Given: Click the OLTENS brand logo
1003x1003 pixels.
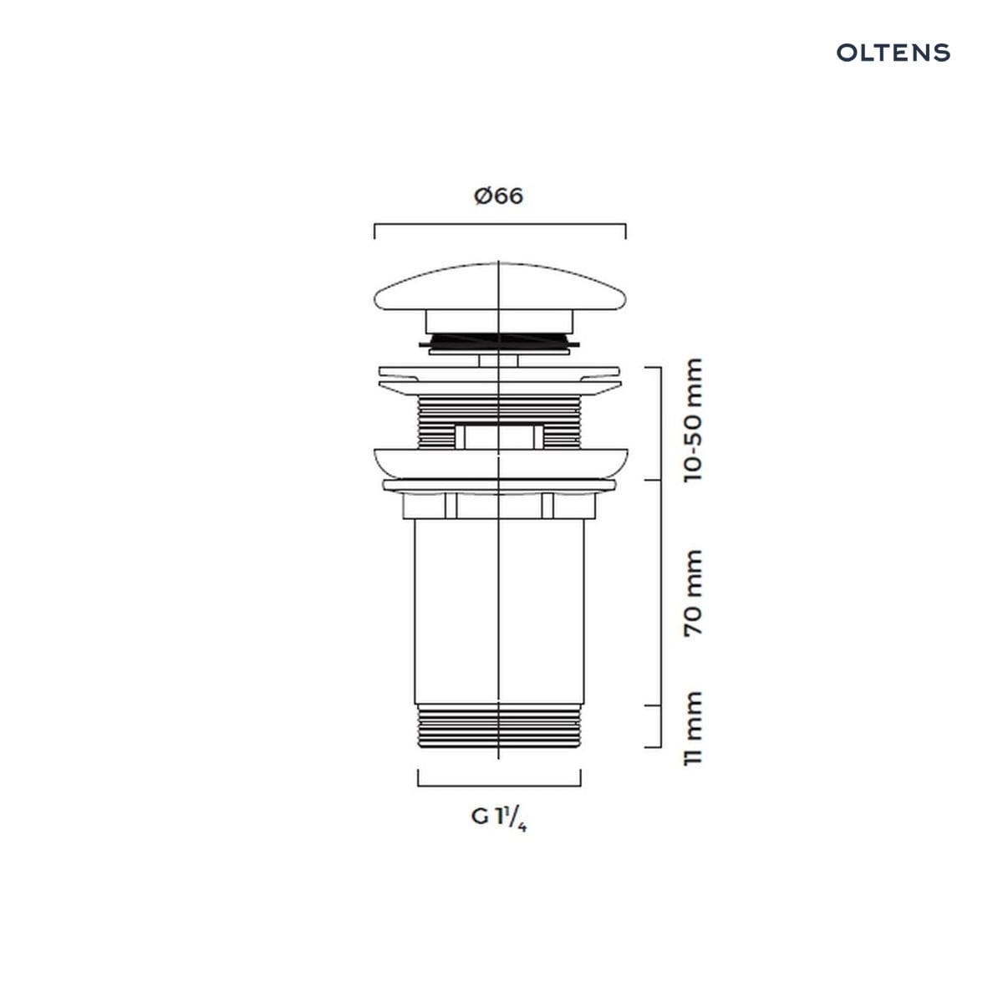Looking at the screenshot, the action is [894, 53].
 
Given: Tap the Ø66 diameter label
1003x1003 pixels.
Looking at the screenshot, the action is [498, 196].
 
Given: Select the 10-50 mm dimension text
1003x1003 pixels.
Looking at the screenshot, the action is [693, 420].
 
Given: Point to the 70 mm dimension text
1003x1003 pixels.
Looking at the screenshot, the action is [693, 593].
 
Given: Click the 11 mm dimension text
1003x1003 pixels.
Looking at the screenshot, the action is [693, 728].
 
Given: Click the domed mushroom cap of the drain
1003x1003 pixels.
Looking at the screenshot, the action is [500, 287].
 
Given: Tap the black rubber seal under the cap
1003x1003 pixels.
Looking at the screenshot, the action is [499, 341].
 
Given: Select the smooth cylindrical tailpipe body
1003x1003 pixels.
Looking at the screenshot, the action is [499, 612].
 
